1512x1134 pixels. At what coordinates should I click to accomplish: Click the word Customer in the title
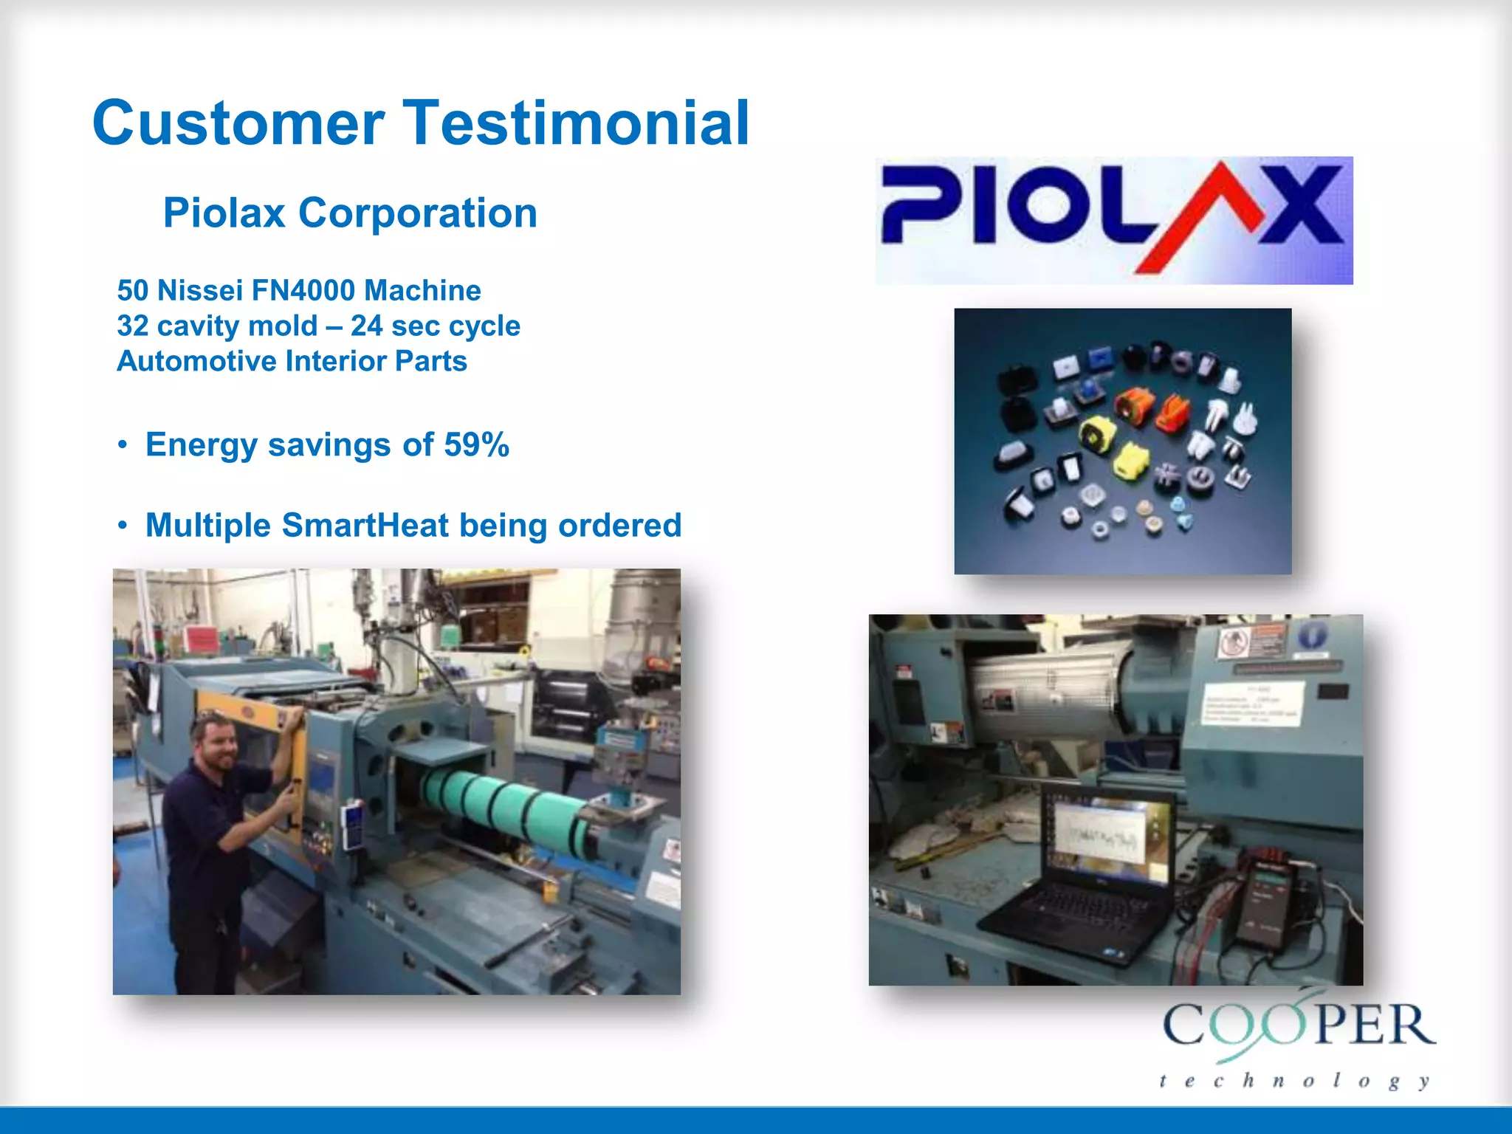click(x=238, y=123)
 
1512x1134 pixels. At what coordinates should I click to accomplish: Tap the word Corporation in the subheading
click(x=417, y=213)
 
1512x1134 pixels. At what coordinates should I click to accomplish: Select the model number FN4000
click(x=303, y=290)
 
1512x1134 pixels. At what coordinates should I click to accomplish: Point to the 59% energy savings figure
click(x=476, y=444)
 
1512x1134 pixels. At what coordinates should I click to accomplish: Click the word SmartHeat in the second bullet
click(x=365, y=526)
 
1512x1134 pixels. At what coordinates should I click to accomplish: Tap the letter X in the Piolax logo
click(x=1301, y=205)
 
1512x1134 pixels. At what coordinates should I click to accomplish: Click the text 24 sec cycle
click(x=435, y=326)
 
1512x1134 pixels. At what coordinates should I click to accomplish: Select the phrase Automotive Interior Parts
click(x=292, y=361)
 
